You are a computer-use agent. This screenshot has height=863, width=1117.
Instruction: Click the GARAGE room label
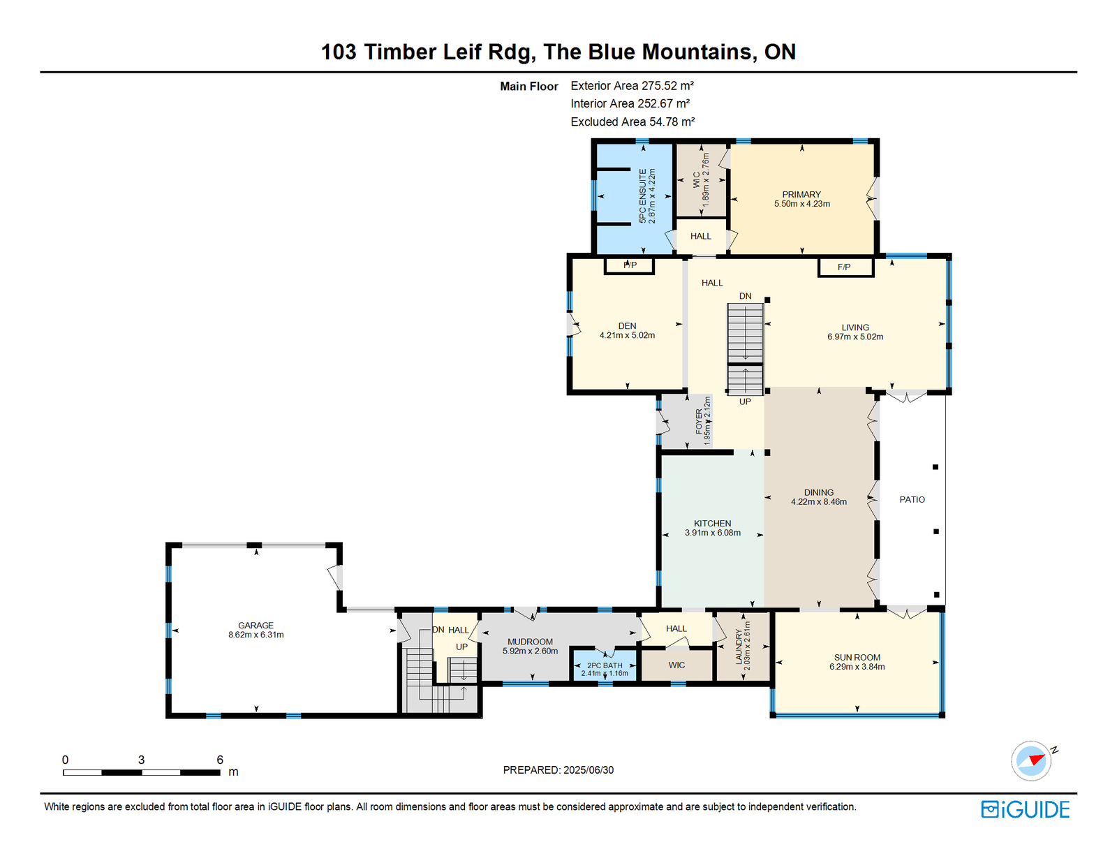(x=256, y=625)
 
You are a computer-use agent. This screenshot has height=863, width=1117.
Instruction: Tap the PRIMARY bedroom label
(x=801, y=194)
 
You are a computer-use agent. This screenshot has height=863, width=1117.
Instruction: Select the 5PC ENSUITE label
(x=642, y=196)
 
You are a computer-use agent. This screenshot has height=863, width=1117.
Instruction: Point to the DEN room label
(x=627, y=326)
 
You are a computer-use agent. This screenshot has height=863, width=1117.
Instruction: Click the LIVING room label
(x=855, y=327)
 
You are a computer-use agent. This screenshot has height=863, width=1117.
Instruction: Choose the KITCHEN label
(x=713, y=523)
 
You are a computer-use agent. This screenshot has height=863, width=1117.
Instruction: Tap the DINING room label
(x=819, y=492)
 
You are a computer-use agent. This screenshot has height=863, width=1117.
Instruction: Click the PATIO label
(x=912, y=500)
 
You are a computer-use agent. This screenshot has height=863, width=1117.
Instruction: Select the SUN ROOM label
(x=857, y=658)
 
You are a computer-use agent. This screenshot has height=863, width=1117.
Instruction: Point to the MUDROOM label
(x=530, y=642)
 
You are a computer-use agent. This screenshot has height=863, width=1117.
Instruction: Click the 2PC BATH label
(x=605, y=665)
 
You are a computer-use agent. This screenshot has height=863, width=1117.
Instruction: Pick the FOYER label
(x=699, y=421)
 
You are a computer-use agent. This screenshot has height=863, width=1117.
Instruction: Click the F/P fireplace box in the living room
(x=845, y=267)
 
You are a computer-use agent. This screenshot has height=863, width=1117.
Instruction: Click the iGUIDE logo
(x=1025, y=809)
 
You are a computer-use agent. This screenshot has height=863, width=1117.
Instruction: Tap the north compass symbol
(x=1032, y=761)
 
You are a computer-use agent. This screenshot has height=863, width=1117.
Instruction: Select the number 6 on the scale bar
(x=220, y=759)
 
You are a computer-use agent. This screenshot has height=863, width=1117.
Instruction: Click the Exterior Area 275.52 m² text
(x=633, y=85)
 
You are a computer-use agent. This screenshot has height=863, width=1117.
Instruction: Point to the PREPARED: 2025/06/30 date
(x=558, y=769)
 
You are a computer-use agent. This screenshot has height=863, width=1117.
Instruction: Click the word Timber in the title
(x=399, y=52)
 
